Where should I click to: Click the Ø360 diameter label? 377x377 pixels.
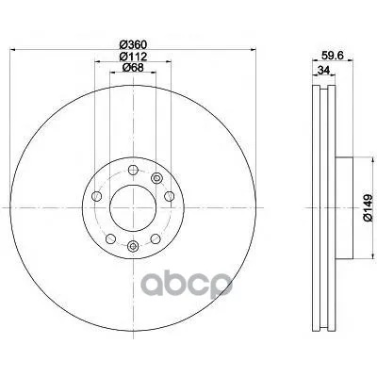point(133,45)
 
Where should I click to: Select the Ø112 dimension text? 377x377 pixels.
point(133,57)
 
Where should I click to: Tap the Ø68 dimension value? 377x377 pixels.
point(133,67)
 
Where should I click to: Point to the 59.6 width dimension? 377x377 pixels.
point(333,56)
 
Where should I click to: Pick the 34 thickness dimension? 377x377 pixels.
point(323,70)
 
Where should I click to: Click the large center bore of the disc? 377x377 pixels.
point(133,208)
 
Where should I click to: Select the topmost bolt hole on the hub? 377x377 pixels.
point(133,171)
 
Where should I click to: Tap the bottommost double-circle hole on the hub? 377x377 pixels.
point(133,246)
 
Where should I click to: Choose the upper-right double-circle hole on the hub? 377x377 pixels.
point(156,178)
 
